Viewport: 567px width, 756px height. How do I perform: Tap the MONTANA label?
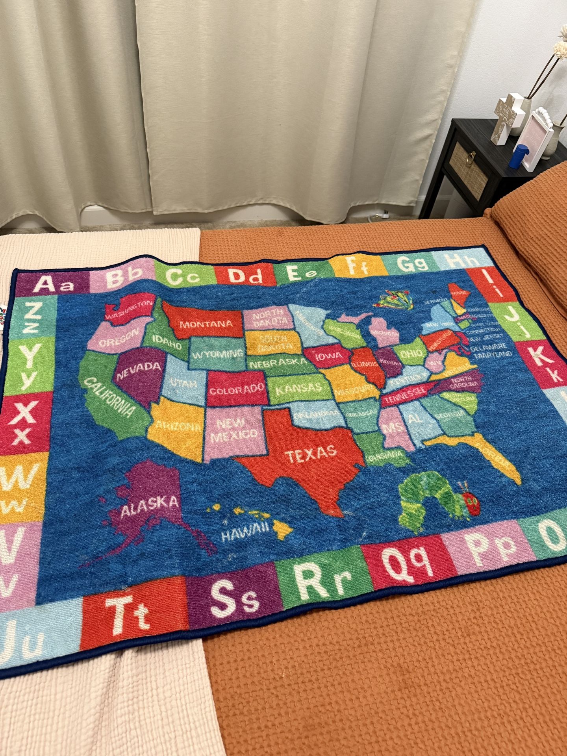click(x=206, y=324)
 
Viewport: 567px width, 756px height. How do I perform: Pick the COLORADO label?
click(x=237, y=390)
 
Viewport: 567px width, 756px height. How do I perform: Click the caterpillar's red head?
click(x=471, y=504)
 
